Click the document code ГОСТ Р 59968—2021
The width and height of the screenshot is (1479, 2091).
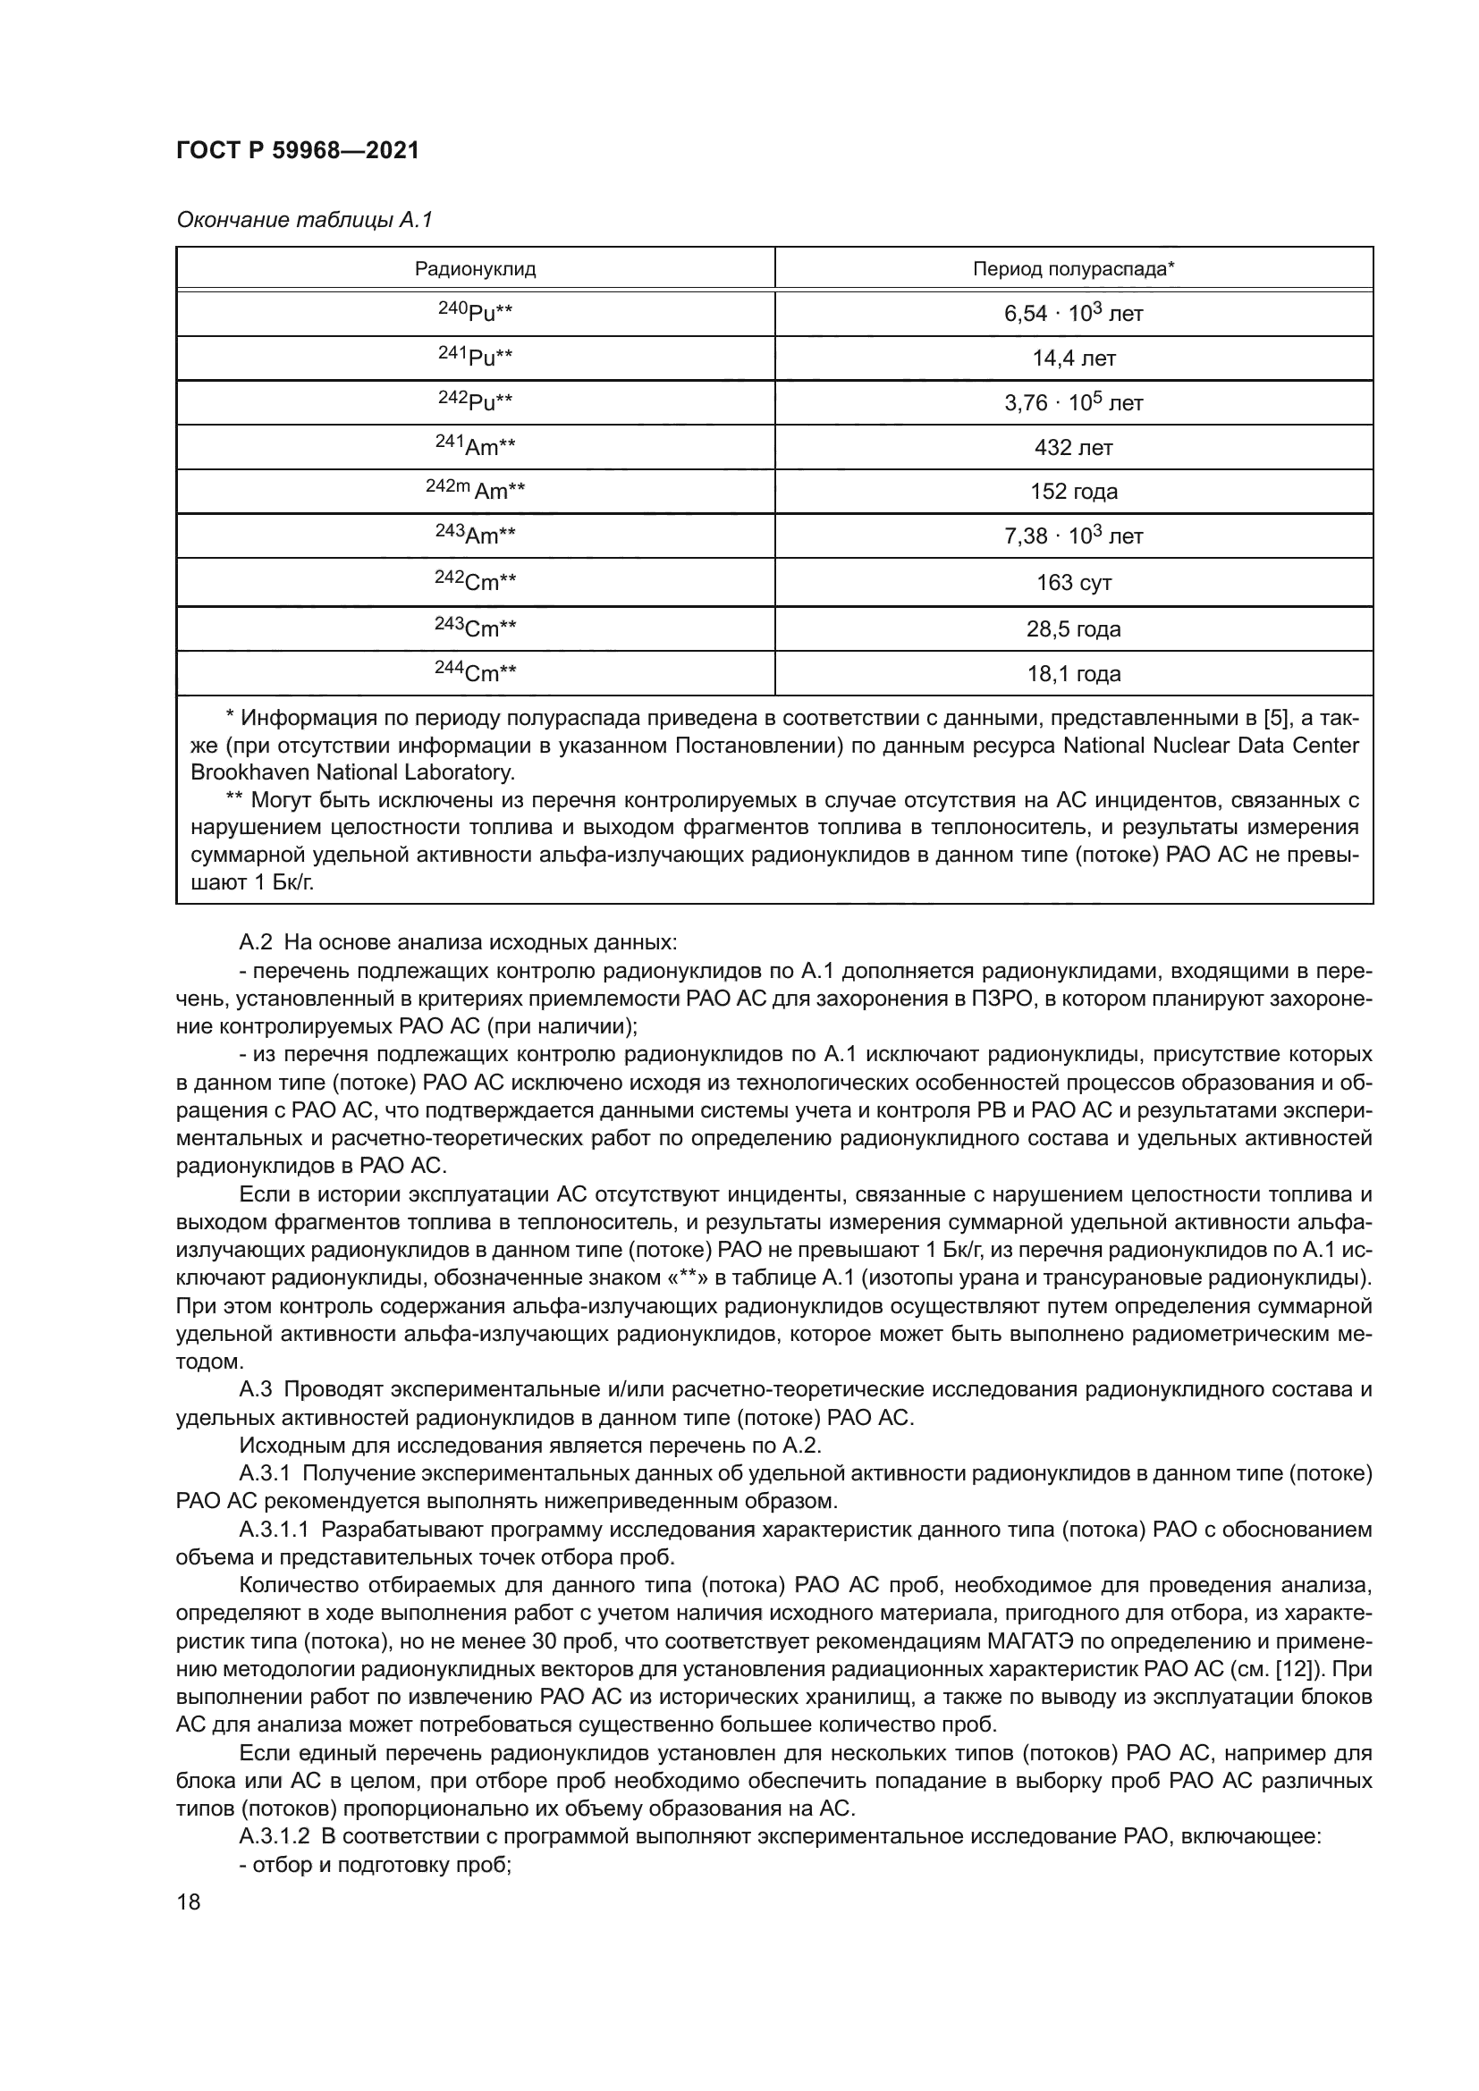click(297, 151)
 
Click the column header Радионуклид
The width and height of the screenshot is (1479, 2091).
click(475, 269)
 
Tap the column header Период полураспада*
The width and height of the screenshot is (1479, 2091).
click(1073, 269)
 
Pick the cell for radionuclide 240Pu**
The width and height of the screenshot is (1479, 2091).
click(475, 312)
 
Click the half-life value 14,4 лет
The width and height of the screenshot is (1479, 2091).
click(1073, 358)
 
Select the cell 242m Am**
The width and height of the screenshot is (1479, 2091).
click(475, 490)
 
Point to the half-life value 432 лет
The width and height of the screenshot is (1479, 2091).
click(1073, 447)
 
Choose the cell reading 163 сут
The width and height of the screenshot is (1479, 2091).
click(1073, 583)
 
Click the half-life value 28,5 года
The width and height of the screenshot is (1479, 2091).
click(1073, 629)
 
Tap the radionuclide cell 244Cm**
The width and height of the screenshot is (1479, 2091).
click(475, 673)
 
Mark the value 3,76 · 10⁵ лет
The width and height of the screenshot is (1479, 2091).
click(1073, 402)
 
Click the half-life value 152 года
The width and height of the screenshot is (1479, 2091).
click(1073, 492)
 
